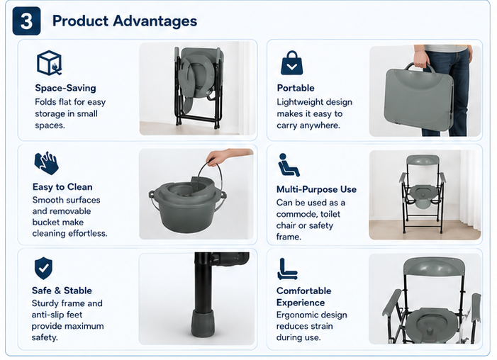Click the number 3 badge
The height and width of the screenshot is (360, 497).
pos(26,21)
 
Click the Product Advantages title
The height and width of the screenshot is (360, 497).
pos(125,21)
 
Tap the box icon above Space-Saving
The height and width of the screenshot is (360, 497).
pos(50,63)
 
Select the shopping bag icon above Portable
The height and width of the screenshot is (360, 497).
pos(291,63)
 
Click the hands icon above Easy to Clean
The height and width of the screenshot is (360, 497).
pos(47,163)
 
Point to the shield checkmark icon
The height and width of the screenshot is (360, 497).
pos(43,269)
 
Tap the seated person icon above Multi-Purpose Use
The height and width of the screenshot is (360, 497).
pos(288,165)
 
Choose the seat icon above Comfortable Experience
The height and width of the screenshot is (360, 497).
pos(287,269)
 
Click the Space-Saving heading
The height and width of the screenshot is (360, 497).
pos(66,88)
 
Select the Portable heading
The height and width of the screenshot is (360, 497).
pos(296,88)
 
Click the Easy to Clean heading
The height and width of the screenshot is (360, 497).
pos(62,187)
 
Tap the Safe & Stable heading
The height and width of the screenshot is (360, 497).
pos(62,291)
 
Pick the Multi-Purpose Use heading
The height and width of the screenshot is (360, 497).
pos(316,189)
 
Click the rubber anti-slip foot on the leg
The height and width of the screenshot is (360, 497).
pos(203,324)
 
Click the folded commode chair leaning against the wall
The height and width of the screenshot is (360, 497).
pos(198,87)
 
